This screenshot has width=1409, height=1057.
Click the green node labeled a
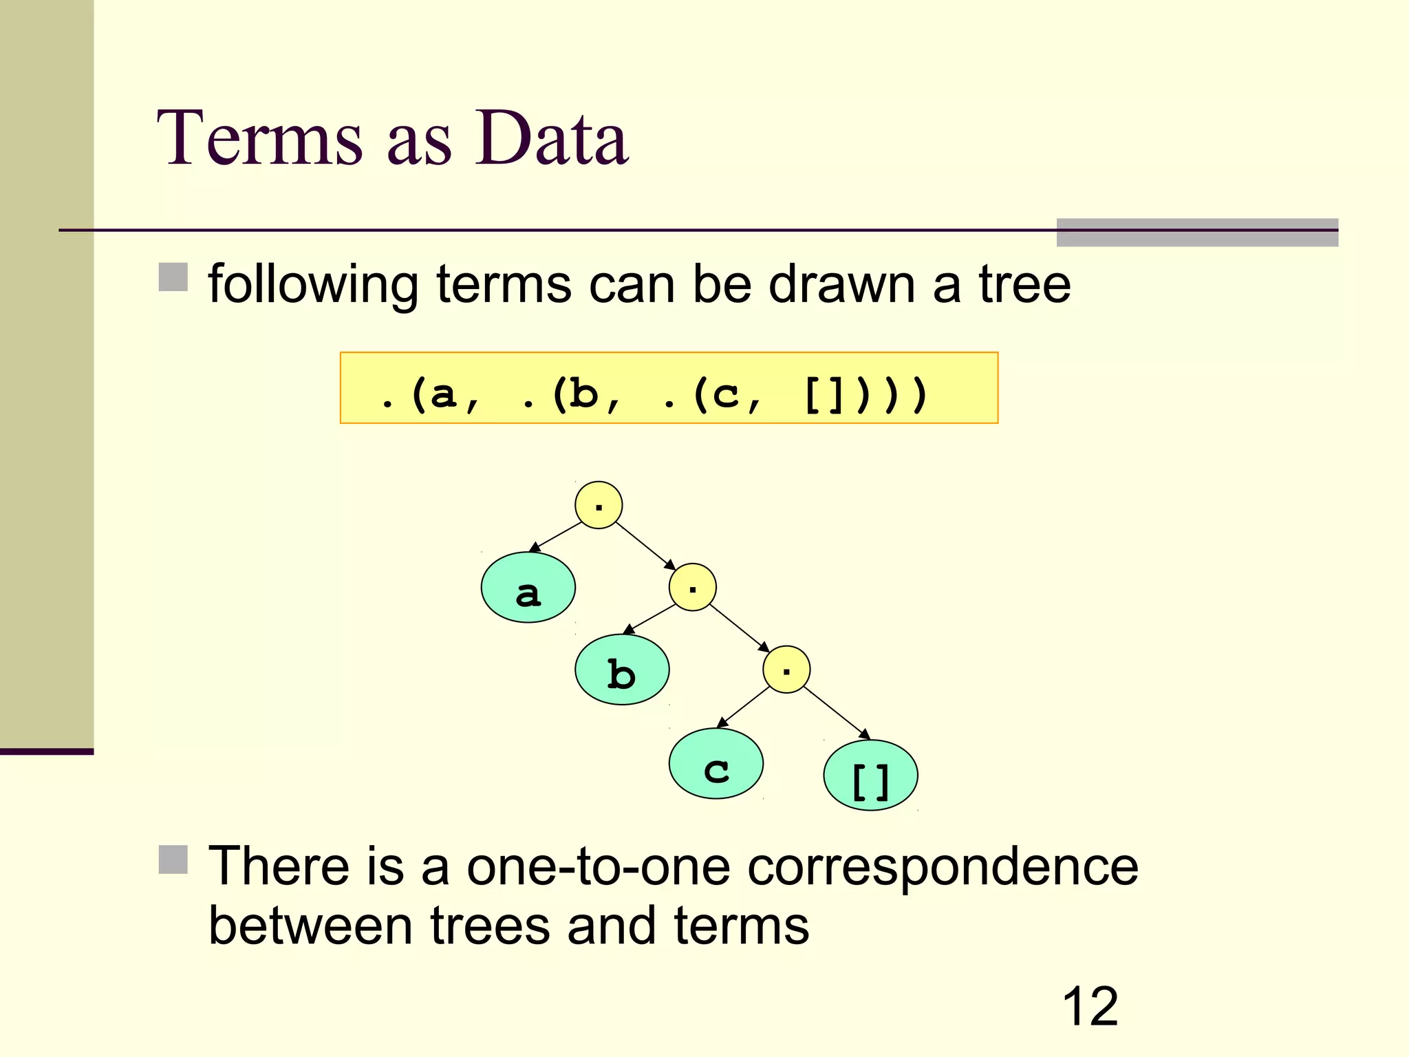pyautogui.click(x=528, y=587)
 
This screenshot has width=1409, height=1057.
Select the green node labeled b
pyautogui.click(x=622, y=670)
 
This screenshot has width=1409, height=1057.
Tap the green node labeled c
pyautogui.click(x=716, y=763)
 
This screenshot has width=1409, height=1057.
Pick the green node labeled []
pyautogui.click(x=870, y=776)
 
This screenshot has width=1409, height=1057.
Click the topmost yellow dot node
pyautogui.click(x=599, y=505)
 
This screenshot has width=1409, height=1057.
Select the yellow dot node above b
pyautogui.click(x=692, y=587)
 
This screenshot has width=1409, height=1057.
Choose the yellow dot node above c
pyautogui.click(x=786, y=669)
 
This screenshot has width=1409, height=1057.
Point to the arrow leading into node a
pyautogui.click(x=555, y=537)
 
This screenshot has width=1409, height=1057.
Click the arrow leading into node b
pyautogui.click(x=649, y=619)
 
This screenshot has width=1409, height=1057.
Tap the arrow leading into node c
pyautogui.click(x=744, y=707)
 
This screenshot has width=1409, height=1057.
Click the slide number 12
pyautogui.click(x=1090, y=1006)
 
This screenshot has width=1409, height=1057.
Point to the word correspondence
pyautogui.click(x=943, y=866)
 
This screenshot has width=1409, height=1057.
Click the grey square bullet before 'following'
pyautogui.click(x=173, y=277)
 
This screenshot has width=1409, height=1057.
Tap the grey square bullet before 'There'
pyautogui.click(x=173, y=860)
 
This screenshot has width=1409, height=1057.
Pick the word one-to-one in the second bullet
pyautogui.click(x=599, y=866)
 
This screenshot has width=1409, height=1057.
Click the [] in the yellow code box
pyautogui.click(x=823, y=395)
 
